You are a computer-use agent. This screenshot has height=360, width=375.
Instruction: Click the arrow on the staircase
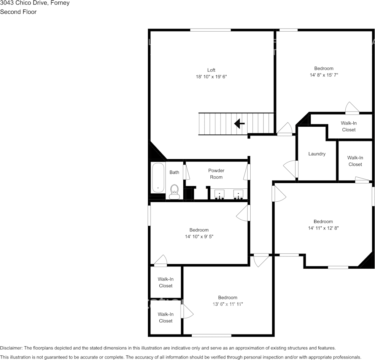tap(239, 123)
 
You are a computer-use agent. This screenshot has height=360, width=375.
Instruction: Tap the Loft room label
tap(211, 70)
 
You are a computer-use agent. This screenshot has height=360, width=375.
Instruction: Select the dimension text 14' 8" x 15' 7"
tap(324, 75)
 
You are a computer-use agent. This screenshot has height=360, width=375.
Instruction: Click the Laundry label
tap(317, 154)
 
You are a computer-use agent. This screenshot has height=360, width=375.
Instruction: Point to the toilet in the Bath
tap(175, 191)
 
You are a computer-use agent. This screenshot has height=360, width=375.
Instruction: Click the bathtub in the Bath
tap(158, 177)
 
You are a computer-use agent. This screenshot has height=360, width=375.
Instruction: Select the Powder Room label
tap(216, 174)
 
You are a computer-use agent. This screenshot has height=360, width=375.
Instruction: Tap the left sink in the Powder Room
tap(219, 194)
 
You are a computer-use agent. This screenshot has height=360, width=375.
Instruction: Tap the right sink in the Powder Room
tap(238, 194)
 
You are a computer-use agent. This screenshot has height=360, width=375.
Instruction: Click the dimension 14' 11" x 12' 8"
tap(323, 228)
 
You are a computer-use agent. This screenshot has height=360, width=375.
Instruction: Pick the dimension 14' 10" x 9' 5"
tap(199, 237)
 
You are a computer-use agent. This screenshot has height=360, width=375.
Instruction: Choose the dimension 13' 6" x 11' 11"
tap(227, 304)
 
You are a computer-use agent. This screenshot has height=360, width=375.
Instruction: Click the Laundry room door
tap(291, 169)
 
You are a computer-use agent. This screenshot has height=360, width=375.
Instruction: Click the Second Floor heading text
tap(18, 12)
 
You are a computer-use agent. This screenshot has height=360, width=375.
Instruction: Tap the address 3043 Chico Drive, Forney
tap(35, 3)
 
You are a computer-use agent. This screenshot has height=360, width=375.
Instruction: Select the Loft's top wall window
tap(210, 30)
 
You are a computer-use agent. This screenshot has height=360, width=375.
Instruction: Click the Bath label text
tap(174, 172)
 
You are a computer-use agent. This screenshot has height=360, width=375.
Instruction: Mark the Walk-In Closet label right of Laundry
tap(355, 161)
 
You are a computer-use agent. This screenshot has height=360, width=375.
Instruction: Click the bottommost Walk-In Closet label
tap(165, 317)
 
